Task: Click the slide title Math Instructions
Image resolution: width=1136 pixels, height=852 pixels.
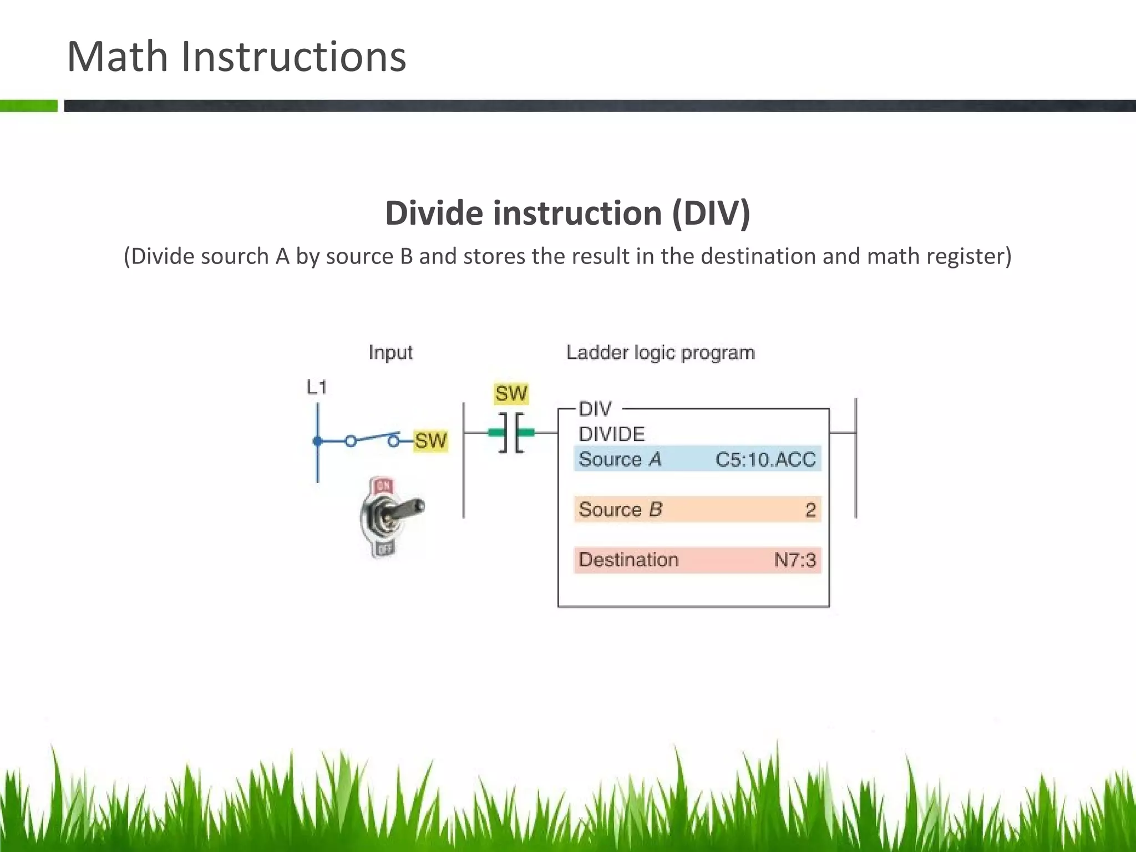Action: pos(236,57)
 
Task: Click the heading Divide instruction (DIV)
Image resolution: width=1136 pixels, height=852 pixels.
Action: pos(567,213)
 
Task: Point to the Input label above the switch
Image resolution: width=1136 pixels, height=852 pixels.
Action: pos(390,353)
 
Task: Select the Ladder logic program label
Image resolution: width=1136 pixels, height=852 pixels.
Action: pos(660,353)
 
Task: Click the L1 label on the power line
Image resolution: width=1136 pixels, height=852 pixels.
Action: pos(317,387)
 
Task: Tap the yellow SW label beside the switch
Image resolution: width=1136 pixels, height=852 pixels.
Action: pos(430,441)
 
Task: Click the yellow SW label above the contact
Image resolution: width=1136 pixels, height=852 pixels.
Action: pos(511,394)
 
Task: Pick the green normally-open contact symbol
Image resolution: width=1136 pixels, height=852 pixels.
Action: pos(511,433)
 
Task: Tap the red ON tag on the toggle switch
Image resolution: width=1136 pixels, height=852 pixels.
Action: pos(383,486)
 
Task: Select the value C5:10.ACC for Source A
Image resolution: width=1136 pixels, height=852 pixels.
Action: pos(765,459)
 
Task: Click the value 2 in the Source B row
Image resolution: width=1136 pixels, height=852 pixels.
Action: pos(810,510)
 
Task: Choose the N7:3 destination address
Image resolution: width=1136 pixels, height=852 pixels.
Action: pos(795,560)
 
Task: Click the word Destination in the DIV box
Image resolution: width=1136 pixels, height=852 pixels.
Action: pos(628,560)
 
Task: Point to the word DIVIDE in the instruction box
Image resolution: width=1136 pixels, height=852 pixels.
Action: pos(612,434)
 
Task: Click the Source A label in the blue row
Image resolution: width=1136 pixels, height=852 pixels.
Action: pos(620,459)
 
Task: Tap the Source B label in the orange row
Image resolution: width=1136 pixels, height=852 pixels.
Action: pos(620,510)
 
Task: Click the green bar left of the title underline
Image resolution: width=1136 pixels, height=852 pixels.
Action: pos(29,106)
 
